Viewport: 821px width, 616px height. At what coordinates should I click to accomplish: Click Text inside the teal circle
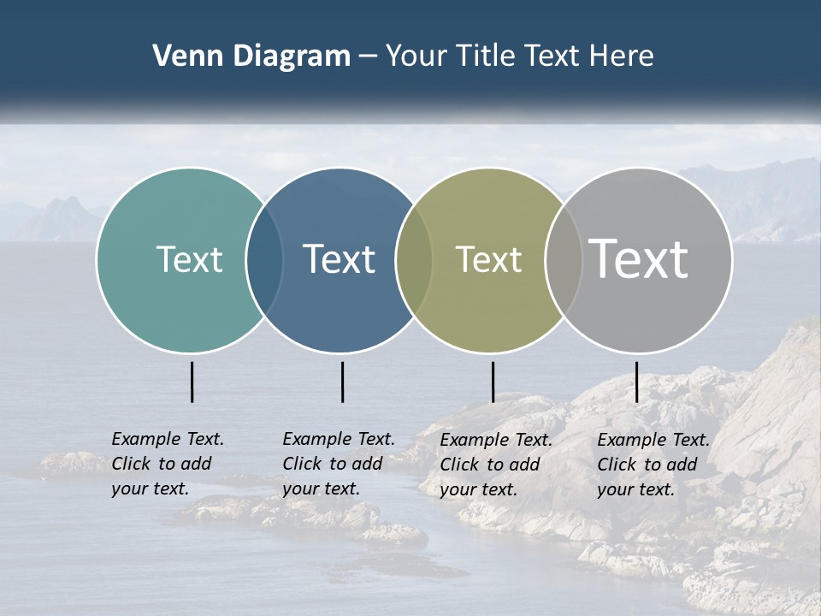(x=189, y=259)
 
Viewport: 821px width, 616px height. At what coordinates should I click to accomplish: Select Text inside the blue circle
(x=339, y=259)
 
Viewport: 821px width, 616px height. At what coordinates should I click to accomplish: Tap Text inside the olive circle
(x=488, y=259)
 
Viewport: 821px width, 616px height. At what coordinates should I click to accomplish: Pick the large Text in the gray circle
(x=639, y=258)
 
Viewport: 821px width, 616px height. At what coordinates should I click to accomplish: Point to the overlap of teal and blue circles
(x=264, y=259)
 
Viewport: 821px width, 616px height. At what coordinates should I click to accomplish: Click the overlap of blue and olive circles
(x=414, y=259)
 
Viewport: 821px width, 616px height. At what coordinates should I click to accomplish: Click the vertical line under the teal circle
(x=192, y=382)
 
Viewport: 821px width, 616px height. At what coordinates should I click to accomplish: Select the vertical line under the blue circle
(x=342, y=382)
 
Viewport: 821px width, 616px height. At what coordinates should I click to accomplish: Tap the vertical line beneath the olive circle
(x=493, y=382)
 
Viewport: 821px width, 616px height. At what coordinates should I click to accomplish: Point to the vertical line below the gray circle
(x=636, y=382)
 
